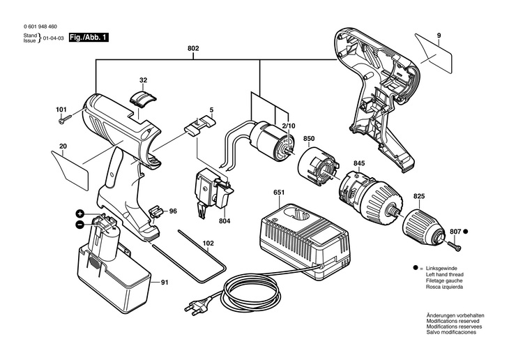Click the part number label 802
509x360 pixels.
pos(193,48)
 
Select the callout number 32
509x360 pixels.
pos(143,80)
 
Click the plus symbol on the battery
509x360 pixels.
pos(80,213)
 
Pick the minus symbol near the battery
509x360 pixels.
pos(79,224)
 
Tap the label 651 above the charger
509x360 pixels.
pos(279,193)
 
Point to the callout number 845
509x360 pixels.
pos(359,163)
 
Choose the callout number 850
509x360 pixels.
pos(309,139)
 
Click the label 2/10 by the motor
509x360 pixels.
pos(288,126)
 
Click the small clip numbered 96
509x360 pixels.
pos(155,212)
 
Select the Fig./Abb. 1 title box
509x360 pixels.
pos(89,38)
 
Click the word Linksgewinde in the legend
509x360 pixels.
pos(441,269)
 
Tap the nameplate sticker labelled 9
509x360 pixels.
pos(434,53)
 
